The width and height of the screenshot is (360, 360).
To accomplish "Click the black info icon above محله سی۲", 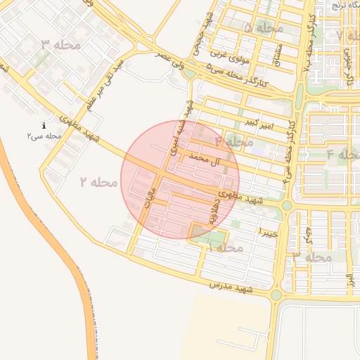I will click(44, 125).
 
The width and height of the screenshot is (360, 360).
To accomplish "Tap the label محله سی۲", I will click(44, 135).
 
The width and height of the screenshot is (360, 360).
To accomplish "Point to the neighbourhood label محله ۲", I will click(97, 182).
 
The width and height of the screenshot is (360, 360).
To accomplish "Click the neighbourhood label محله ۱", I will click(226, 247).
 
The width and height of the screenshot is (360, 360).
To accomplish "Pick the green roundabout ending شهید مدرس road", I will click(276, 295).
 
